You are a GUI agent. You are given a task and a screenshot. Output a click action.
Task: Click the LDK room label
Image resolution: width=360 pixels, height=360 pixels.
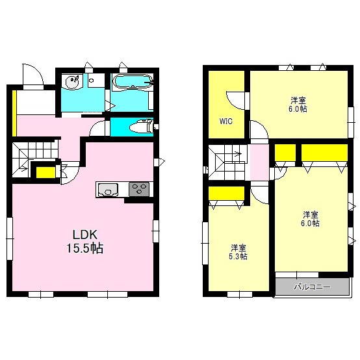[85, 235]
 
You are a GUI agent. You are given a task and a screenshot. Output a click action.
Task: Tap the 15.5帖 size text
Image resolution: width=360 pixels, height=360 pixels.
[85, 248]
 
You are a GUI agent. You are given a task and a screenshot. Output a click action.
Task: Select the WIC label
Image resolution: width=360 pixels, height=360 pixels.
[226, 121]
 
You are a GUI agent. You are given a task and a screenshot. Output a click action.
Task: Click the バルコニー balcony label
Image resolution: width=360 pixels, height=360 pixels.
[313, 287]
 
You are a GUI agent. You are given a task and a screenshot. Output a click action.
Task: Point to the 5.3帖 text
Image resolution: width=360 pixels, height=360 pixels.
[238, 256]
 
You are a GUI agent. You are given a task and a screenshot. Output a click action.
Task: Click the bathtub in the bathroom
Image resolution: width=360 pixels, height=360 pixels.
[133, 81]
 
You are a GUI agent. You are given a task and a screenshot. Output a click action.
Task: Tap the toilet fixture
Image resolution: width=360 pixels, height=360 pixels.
[141, 127]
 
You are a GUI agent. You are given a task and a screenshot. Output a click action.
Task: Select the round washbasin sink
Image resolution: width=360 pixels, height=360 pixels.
[71, 81]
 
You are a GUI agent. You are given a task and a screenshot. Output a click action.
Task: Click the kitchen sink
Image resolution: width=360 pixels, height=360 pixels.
[108, 190]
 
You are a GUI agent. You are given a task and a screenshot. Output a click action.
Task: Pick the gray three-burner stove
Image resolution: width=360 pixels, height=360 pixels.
[139, 189]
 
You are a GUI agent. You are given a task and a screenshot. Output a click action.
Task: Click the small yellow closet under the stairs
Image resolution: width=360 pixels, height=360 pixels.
[45, 172]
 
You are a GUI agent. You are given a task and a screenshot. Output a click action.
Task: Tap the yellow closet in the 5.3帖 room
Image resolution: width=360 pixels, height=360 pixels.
[226, 193]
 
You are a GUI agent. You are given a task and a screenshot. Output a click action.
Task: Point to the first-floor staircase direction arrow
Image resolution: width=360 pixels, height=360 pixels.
[24, 170]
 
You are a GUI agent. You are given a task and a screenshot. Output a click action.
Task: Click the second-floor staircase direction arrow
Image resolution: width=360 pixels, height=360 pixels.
[237, 153]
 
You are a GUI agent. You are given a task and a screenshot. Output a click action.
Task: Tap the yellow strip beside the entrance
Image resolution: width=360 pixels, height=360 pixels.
[14, 113]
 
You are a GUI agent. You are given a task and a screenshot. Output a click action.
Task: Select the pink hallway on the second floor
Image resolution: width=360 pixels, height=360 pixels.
[259, 162]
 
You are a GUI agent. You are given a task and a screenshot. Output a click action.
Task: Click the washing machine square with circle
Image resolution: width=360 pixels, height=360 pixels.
[96, 81]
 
